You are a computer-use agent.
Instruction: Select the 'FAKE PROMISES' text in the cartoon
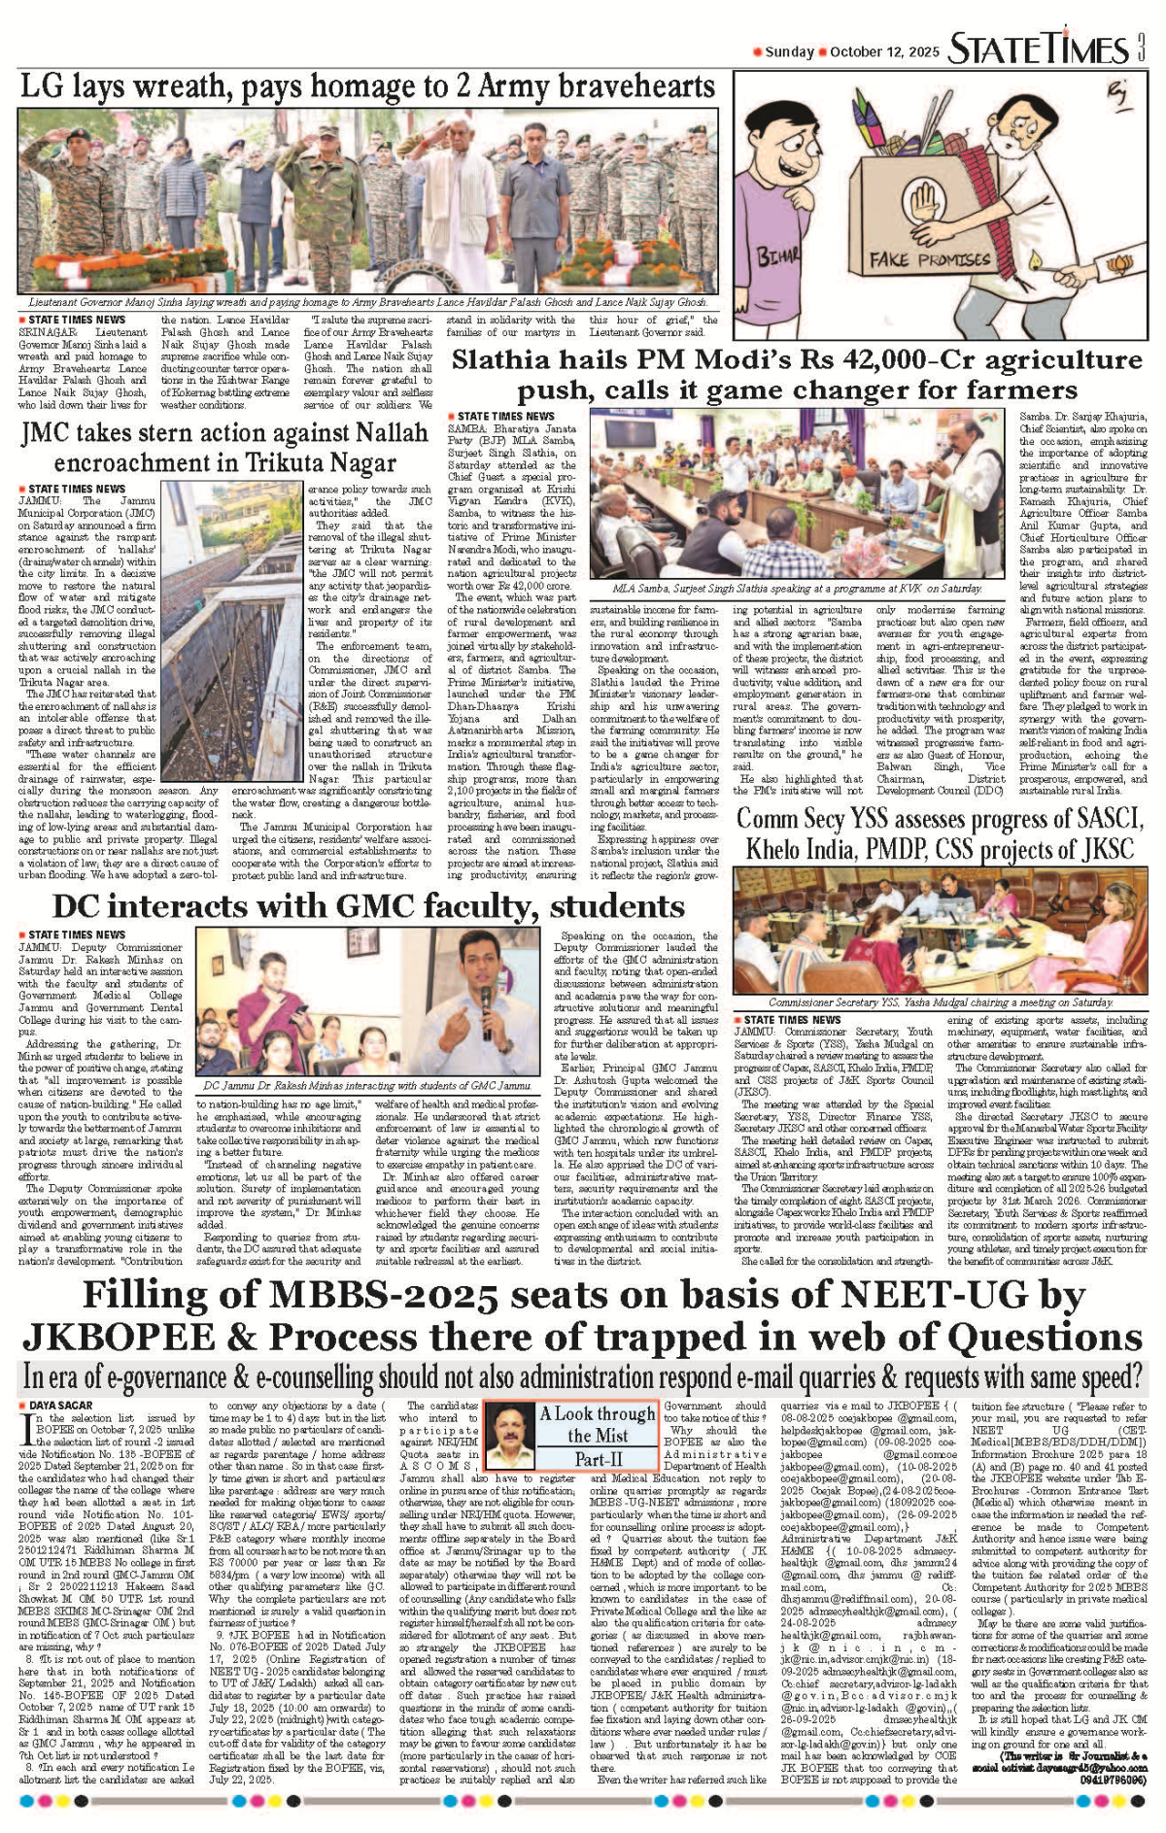click(x=915, y=259)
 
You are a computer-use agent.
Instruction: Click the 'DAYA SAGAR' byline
click(x=60, y=1406)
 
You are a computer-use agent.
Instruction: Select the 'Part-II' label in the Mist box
click(x=598, y=1459)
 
